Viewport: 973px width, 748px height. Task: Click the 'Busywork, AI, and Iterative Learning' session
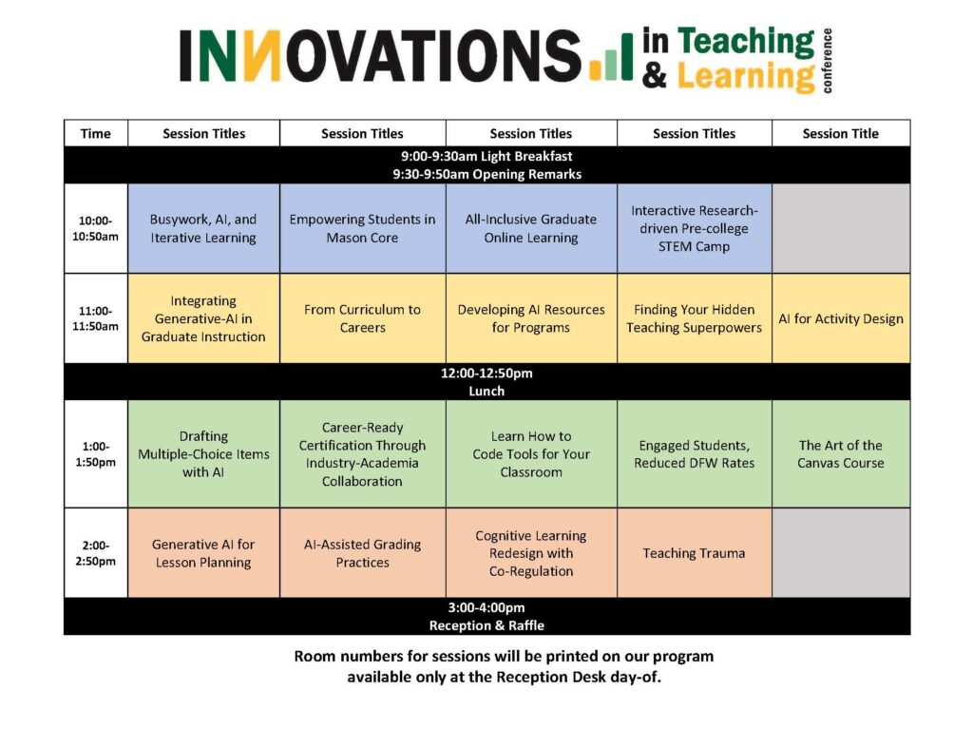pyautogui.click(x=203, y=228)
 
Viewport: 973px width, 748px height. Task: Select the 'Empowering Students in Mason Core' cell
pyautogui.click(x=362, y=228)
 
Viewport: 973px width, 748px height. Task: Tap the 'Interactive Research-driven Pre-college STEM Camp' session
pyautogui.click(x=695, y=228)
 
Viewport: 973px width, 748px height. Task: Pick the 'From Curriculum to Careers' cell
pyautogui.click(x=362, y=318)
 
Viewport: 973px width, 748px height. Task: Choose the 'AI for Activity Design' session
pyautogui.click(x=841, y=318)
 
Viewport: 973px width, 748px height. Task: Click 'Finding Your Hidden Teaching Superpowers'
pyautogui.click(x=695, y=318)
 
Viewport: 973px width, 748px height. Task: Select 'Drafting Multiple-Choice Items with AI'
pyautogui.click(x=203, y=453)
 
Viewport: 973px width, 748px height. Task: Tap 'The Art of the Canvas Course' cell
pyautogui.click(x=841, y=453)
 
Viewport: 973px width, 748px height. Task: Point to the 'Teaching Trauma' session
pyautogui.click(x=694, y=553)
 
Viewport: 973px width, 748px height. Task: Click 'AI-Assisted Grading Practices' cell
pyautogui.click(x=362, y=553)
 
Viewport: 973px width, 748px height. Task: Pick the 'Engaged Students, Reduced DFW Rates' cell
pyautogui.click(x=695, y=453)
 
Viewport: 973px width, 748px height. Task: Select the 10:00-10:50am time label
pyautogui.click(x=96, y=228)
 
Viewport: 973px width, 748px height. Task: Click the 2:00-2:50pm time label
pyautogui.click(x=96, y=553)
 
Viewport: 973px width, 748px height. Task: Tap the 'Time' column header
pyautogui.click(x=96, y=133)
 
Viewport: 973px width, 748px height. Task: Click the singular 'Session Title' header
pyautogui.click(x=841, y=133)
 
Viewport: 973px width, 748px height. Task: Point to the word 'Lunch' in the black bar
pyautogui.click(x=486, y=391)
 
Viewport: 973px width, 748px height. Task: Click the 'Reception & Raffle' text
pyautogui.click(x=486, y=625)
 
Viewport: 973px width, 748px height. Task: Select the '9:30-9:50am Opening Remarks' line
pyautogui.click(x=487, y=174)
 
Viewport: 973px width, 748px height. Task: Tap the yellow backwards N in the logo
pyautogui.click(x=262, y=56)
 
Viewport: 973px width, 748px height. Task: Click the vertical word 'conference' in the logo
pyautogui.click(x=827, y=61)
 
